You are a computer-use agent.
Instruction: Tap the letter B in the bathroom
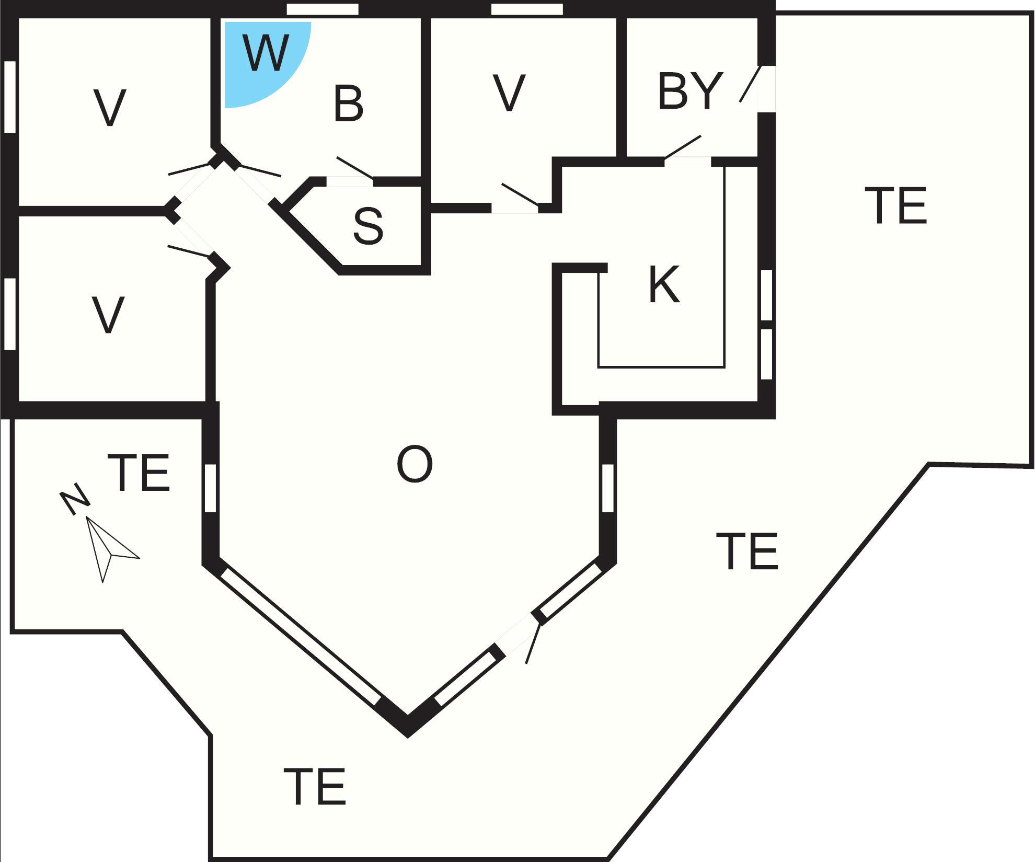348,104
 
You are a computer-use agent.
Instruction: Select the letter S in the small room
368,226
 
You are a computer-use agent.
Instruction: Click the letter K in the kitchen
664,285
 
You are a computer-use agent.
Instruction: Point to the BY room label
690,91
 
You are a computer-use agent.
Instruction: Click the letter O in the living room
415,465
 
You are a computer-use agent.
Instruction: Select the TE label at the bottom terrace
315,787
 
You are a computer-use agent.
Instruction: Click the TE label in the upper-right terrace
896,206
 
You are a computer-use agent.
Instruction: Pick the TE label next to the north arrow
139,473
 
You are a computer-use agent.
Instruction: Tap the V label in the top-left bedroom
109,108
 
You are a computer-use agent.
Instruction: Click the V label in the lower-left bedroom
108,315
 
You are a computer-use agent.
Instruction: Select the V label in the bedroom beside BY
509,94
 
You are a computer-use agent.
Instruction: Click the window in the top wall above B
323,9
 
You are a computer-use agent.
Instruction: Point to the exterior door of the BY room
766,88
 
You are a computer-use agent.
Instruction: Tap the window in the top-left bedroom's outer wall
9,96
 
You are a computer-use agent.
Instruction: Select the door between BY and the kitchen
688,161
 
